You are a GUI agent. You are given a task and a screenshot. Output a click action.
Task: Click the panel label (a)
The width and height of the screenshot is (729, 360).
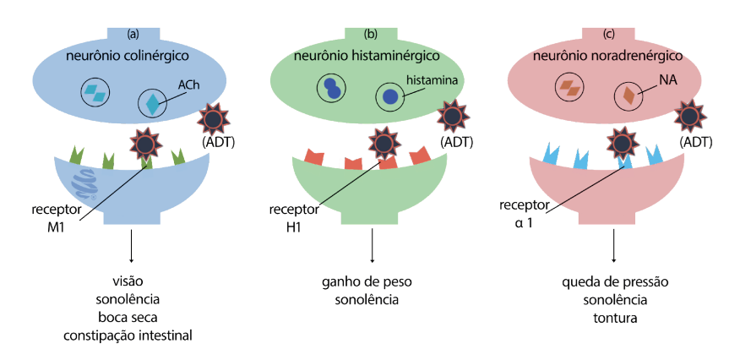pyautogui.click(x=133, y=35)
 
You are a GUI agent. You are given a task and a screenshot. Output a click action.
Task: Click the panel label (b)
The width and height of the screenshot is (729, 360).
pyautogui.click(x=370, y=35)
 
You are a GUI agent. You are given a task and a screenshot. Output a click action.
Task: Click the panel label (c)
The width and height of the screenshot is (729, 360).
pyautogui.click(x=608, y=35)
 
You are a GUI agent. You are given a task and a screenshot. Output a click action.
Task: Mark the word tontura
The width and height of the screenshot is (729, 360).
pyautogui.click(x=613, y=318)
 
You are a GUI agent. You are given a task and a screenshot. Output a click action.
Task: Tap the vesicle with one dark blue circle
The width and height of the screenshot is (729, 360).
pyautogui.click(x=389, y=97)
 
